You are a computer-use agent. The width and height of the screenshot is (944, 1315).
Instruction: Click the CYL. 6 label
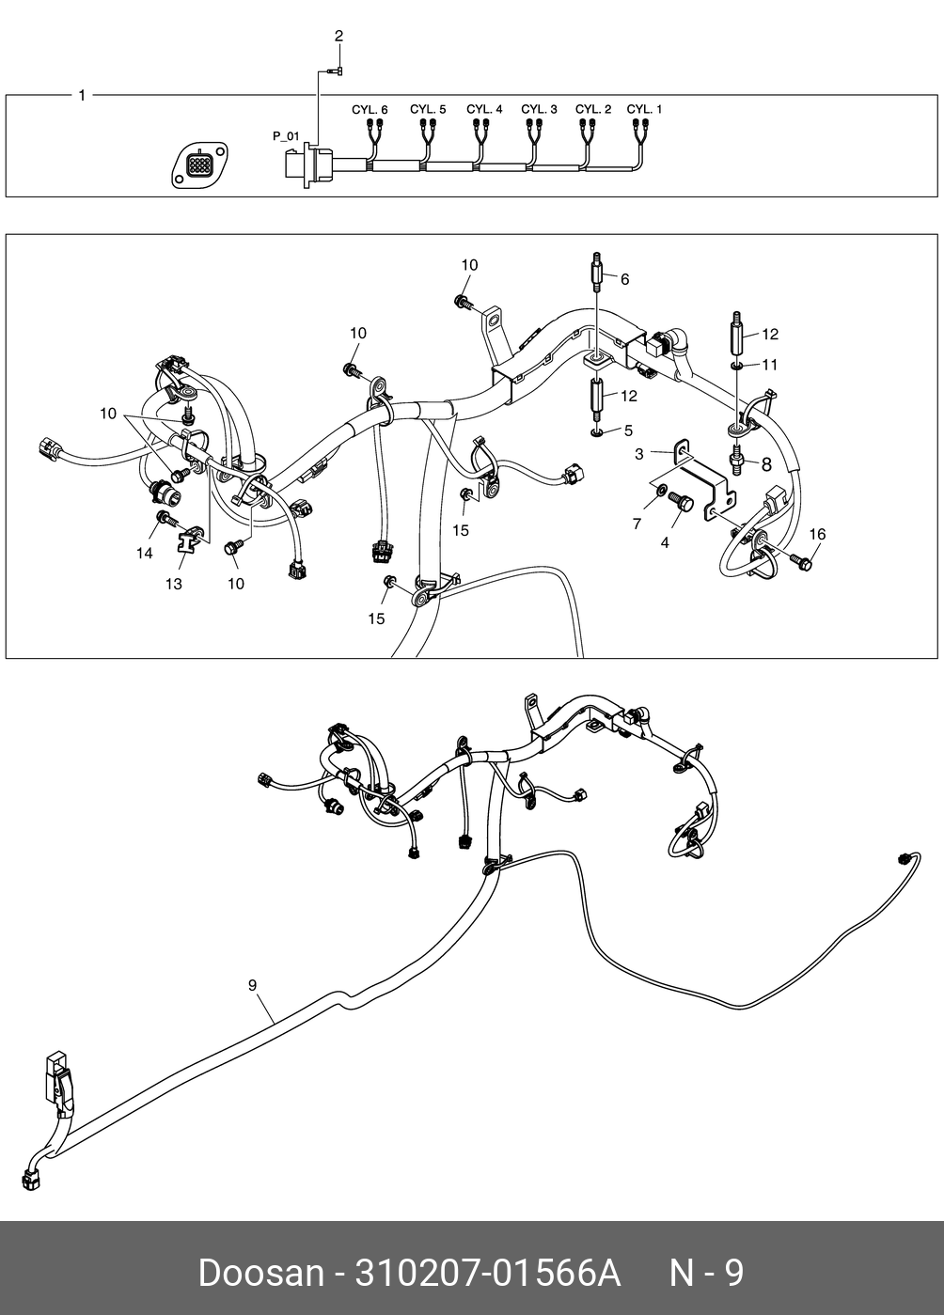(x=370, y=109)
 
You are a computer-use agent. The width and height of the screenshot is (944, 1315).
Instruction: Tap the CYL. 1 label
(x=644, y=109)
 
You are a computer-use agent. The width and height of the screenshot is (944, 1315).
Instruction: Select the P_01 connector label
(x=286, y=136)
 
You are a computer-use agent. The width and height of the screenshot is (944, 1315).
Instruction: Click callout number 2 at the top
(x=338, y=36)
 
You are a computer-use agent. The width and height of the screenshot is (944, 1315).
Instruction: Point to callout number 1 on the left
(x=82, y=95)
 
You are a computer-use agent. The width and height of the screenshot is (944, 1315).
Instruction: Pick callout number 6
(x=624, y=279)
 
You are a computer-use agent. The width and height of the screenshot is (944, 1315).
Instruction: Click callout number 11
(x=769, y=364)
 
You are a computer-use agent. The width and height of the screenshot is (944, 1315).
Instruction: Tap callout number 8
(x=765, y=463)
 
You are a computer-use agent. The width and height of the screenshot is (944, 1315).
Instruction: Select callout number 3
(x=639, y=454)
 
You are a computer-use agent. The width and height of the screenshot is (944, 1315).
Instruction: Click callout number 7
(x=637, y=524)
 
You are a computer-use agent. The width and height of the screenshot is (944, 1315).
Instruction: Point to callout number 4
(x=665, y=542)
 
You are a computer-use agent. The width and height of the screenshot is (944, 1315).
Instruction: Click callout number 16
(x=817, y=534)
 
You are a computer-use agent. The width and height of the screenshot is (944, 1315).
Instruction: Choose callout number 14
(x=144, y=554)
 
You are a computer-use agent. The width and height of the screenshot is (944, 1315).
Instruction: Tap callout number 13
(x=174, y=584)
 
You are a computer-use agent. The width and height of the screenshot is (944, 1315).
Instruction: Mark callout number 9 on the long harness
(x=252, y=984)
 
